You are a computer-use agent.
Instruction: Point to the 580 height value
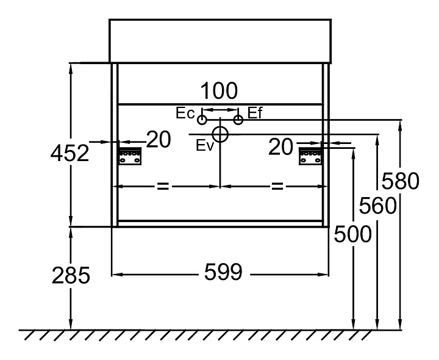click(400, 182)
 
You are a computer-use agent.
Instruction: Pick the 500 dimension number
click(353, 234)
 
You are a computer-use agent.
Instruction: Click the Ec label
click(184, 113)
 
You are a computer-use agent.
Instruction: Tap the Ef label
click(255, 113)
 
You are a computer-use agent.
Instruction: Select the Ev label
click(205, 145)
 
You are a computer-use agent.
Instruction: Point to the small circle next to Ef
click(238, 120)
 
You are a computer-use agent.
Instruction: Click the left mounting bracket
click(130, 156)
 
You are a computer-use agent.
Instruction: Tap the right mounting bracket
click(310, 156)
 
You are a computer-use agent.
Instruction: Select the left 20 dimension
click(159, 140)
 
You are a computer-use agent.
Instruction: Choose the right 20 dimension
click(282, 146)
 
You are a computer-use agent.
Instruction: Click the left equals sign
click(163, 185)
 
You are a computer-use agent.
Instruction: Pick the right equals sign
click(277, 185)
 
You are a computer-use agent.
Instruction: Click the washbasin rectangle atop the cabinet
click(220, 40)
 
